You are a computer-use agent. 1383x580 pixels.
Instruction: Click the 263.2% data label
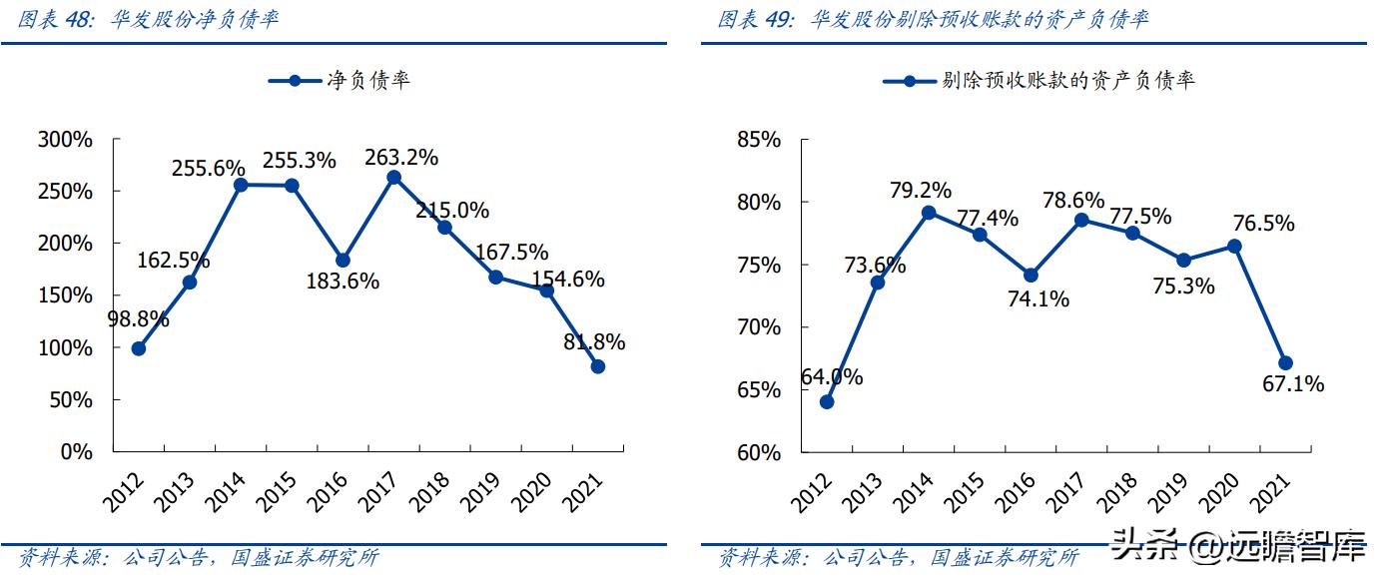pyautogui.click(x=400, y=158)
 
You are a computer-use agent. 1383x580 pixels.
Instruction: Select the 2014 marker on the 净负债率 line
pyautogui.click(x=241, y=185)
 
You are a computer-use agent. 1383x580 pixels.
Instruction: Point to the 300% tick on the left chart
pyautogui.click(x=65, y=140)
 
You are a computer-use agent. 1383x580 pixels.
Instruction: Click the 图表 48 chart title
pyautogui.click(x=149, y=19)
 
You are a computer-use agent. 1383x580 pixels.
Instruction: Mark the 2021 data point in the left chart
pyautogui.click(x=598, y=366)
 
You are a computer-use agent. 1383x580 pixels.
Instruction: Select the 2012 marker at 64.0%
pyautogui.click(x=826, y=401)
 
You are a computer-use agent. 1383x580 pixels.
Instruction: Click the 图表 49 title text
pyautogui.click(x=934, y=19)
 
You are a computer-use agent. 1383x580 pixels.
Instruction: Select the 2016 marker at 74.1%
pyautogui.click(x=1031, y=275)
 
